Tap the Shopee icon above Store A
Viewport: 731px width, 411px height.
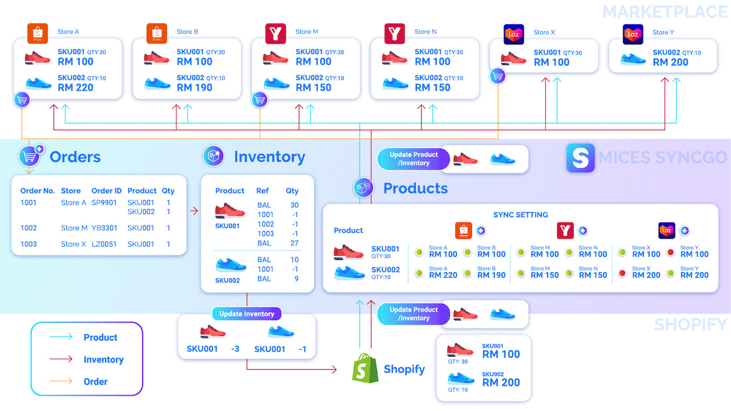point(38,34)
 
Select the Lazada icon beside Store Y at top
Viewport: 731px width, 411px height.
point(633,34)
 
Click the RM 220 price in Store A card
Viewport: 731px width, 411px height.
point(75,87)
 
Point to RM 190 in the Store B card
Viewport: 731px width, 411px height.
point(194,87)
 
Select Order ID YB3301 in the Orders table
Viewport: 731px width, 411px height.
point(105,228)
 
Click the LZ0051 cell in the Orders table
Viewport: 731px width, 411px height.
point(104,244)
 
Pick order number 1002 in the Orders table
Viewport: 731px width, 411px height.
point(29,228)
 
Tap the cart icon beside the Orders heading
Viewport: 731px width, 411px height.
point(30,156)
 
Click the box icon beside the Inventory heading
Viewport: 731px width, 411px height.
point(214,156)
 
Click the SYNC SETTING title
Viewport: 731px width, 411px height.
point(520,215)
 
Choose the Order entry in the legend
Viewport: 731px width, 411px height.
point(95,381)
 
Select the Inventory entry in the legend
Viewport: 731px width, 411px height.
point(103,360)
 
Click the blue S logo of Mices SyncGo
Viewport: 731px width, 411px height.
point(580,158)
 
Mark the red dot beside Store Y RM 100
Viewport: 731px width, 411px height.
point(670,252)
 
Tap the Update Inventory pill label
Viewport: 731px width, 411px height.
point(247,314)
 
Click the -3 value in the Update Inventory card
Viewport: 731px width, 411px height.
point(235,349)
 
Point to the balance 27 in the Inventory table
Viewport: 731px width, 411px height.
point(294,243)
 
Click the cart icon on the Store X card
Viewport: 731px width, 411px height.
point(498,76)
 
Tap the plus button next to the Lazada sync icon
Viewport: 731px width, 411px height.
point(684,231)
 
